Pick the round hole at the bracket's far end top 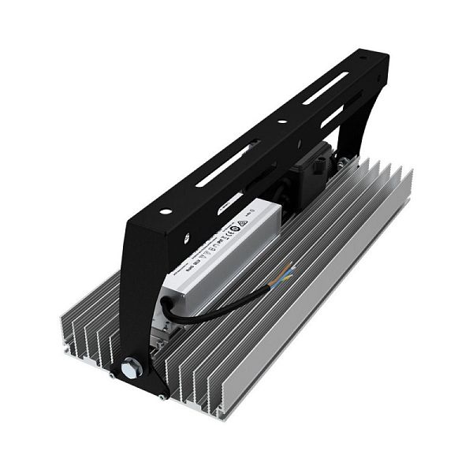pyautogui.click(x=362, y=59)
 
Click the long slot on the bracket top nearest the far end pyautogui.click(x=325, y=88)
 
